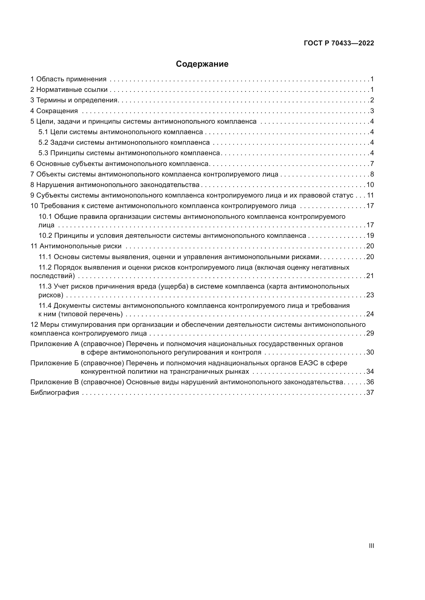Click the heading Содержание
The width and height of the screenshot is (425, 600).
tap(202, 64)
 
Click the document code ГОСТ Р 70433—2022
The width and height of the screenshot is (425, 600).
tap(339, 43)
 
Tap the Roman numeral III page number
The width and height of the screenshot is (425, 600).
tap(371, 546)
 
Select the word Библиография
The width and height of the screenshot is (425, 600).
tap(55, 392)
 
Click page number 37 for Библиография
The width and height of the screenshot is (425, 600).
tap(370, 392)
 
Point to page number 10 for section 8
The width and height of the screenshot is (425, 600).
tap(370, 185)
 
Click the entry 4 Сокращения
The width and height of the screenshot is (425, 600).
tap(54, 111)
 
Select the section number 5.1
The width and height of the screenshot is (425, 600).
tap(43, 132)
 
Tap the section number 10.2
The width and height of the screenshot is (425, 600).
tap(45, 235)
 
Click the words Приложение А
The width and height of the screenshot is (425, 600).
tap(54, 344)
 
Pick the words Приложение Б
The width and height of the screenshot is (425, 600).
tap(54, 363)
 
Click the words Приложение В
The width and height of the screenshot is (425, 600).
tap(54, 382)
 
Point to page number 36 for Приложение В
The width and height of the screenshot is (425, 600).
tap(370, 382)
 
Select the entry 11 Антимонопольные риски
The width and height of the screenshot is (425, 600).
tap(76, 246)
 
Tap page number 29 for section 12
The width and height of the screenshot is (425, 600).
tap(370, 333)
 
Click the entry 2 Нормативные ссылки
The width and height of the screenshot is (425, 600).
tap(69, 90)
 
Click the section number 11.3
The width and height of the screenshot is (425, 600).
tap(45, 287)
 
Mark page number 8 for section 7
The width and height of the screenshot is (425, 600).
tap(372, 174)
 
